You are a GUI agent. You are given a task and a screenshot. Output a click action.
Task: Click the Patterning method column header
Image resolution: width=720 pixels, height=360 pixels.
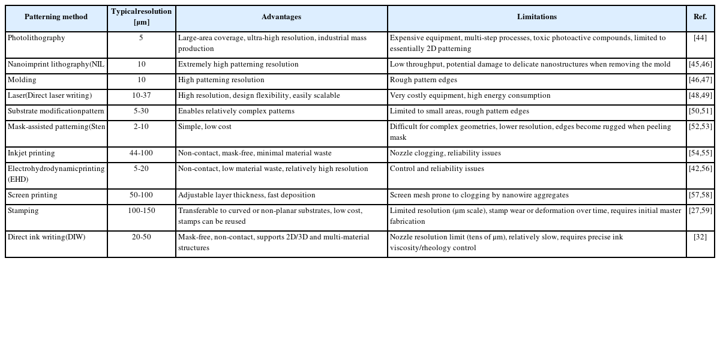coord(56,17)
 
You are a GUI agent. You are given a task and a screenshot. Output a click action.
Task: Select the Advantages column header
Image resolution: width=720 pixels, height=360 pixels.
coord(281,17)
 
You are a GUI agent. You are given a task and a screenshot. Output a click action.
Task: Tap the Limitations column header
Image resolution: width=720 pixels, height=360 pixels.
coord(536,17)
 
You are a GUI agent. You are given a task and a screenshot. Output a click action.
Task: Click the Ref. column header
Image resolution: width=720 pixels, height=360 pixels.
coord(700,17)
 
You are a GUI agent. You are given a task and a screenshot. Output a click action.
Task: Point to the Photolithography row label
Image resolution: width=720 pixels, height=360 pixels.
coord(36,38)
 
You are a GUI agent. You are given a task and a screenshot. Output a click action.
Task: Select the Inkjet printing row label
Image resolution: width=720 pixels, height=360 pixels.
coord(32,153)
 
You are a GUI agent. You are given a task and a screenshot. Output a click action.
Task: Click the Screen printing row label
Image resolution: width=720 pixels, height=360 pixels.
coord(32,195)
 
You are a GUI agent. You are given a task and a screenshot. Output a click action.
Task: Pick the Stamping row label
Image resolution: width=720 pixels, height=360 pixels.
coord(23,211)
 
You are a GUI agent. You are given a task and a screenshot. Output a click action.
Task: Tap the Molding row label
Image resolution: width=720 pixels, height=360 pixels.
coord(22,80)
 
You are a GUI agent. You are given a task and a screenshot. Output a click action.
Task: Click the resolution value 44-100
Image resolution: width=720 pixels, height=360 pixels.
coord(141,153)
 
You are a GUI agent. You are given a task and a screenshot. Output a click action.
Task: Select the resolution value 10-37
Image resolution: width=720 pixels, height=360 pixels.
coord(141,95)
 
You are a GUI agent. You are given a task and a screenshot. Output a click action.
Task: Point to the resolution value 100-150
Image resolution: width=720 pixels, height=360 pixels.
coord(141,211)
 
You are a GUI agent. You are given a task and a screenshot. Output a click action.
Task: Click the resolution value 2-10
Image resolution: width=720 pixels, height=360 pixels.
coord(141,127)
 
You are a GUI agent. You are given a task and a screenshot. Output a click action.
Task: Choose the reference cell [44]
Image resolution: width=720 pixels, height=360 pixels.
coord(700,38)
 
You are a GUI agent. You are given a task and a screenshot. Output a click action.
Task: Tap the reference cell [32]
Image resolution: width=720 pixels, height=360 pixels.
coord(700,237)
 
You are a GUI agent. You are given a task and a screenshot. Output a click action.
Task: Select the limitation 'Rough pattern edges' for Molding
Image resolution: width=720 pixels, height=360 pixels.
coord(423,80)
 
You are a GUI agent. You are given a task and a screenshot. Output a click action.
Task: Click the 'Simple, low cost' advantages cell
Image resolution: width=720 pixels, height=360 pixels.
coord(205,127)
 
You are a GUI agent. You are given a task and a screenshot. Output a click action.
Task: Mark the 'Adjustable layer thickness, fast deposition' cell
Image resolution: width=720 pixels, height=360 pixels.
coord(246,195)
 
